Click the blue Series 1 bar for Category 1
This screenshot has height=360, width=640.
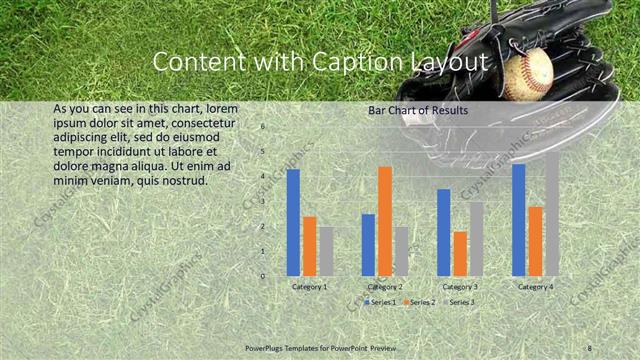pos(293,222)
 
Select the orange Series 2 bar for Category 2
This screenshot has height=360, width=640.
pos(384,220)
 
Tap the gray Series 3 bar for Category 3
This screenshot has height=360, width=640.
pos(476,238)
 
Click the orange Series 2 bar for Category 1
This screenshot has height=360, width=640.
pos(310,245)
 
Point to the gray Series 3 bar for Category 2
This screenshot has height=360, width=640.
pos(401,251)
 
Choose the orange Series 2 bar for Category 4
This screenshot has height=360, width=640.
pos(535,240)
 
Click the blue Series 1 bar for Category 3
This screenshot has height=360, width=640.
pos(443,232)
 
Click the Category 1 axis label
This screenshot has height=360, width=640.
pos(309,287)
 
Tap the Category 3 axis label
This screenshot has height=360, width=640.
pos(460,287)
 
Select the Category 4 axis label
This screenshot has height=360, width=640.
pos(535,287)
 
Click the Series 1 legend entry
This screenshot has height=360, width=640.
pos(381,301)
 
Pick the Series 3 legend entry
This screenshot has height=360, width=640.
pos(461,301)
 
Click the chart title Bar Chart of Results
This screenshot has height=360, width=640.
pos(419,110)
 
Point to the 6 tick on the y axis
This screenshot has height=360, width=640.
pos(263,127)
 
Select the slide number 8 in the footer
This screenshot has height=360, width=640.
pos(590,348)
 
